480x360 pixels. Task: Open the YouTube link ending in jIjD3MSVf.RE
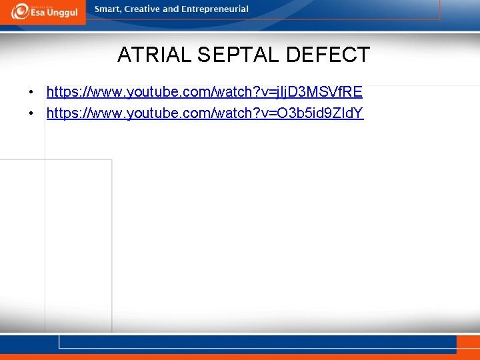204,91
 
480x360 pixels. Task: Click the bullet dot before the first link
31,91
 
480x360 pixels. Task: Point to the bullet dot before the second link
31,113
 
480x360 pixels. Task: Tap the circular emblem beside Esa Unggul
19,11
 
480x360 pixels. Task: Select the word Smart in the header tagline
109,9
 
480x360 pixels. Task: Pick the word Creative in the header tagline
143,9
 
